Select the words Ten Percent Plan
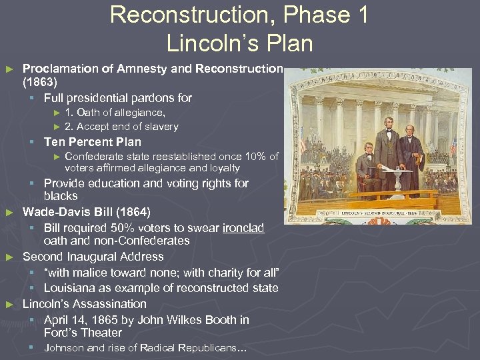[92, 141]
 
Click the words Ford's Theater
[83, 333]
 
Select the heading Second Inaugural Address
[93, 257]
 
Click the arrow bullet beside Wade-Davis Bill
[9, 213]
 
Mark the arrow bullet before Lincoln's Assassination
[9, 305]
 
